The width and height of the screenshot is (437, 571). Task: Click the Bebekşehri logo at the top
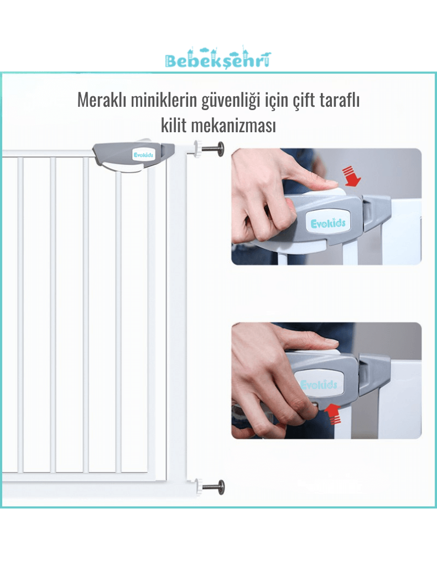click(x=218, y=58)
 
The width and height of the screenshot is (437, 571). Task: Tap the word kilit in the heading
click(x=173, y=125)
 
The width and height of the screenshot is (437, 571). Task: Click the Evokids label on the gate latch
click(x=143, y=155)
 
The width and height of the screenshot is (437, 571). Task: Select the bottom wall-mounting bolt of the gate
click(x=209, y=486)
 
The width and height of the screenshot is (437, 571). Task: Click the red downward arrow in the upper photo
click(x=352, y=176)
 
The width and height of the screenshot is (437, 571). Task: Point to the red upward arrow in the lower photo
click(x=332, y=414)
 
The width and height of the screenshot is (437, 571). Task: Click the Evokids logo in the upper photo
click(x=328, y=223)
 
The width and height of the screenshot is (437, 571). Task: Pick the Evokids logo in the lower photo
click(x=319, y=385)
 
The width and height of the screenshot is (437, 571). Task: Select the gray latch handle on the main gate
click(x=133, y=157)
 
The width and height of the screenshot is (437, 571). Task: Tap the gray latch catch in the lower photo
click(x=374, y=375)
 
